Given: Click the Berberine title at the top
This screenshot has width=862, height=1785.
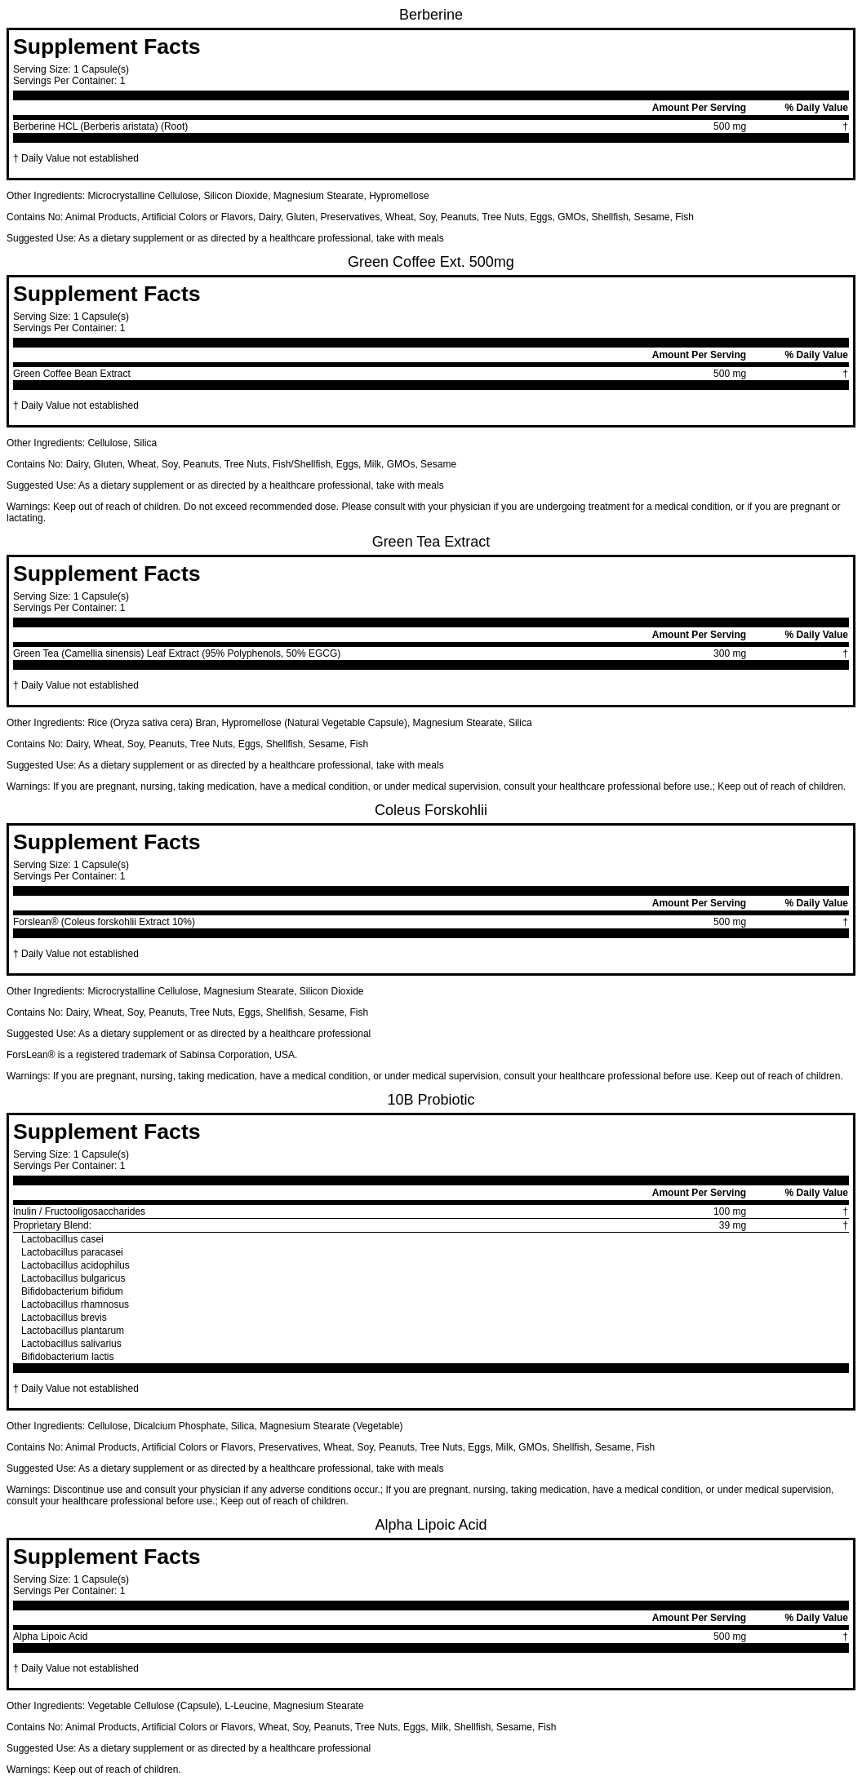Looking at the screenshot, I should point(430,16).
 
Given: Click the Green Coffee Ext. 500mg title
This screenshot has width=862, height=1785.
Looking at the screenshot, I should point(430,262).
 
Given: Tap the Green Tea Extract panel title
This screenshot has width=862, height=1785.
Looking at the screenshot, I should point(430,542).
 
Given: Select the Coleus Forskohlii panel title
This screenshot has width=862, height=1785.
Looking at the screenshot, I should point(430,810).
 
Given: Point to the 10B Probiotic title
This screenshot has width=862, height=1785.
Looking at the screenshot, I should point(430,1100).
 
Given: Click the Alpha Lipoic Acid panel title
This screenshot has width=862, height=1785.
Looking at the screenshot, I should point(430,1525).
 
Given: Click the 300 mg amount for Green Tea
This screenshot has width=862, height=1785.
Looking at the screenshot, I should point(729,653).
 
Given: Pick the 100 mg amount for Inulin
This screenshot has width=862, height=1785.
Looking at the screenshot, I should point(729,1211).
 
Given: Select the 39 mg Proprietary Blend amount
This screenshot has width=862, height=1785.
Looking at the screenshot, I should point(731,1225).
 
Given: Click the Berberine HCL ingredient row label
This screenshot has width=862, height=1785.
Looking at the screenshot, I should point(100,126).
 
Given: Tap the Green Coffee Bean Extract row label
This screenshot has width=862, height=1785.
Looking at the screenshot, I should point(72,374).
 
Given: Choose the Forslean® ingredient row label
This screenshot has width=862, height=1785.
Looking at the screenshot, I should point(104,922).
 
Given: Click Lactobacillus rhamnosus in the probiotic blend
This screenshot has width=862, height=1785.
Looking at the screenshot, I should point(75,1304).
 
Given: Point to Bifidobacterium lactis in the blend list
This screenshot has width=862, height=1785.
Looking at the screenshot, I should point(68,1357).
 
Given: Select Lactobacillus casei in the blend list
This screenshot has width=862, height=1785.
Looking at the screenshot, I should point(62,1239).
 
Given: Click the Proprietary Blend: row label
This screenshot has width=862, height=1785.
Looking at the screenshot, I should point(52,1225).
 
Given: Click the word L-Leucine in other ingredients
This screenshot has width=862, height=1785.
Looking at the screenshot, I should point(246,1706).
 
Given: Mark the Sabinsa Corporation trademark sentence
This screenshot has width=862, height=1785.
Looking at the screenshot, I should point(152,1055).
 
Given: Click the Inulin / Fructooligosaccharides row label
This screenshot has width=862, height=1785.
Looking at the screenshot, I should point(79,1211).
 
